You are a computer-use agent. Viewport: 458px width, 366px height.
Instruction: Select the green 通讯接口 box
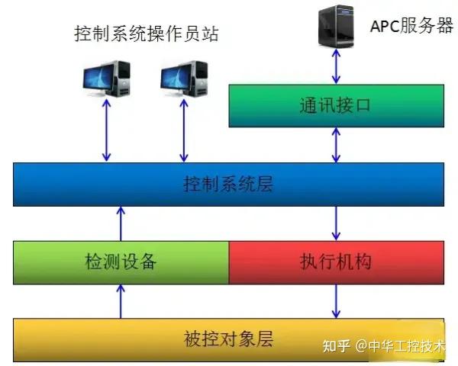tap(336, 105)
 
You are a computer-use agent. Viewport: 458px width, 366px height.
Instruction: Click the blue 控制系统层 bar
tap(228, 185)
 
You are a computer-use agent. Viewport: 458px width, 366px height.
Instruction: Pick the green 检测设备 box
tap(121, 262)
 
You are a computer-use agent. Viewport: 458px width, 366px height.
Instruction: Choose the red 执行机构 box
tap(336, 262)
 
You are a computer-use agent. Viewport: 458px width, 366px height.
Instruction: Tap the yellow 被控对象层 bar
tap(228, 338)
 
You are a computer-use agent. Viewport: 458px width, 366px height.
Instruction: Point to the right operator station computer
tap(183, 76)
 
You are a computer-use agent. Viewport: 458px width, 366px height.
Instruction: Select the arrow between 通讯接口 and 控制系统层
tap(335, 145)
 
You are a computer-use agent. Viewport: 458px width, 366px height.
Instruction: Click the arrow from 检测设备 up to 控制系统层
tap(121, 223)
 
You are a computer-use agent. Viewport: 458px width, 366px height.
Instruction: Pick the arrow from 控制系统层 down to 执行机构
tap(335, 223)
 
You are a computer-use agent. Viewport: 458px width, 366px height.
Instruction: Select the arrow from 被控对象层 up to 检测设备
tap(121, 300)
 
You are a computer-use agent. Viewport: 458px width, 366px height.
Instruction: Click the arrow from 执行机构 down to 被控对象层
tap(335, 300)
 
